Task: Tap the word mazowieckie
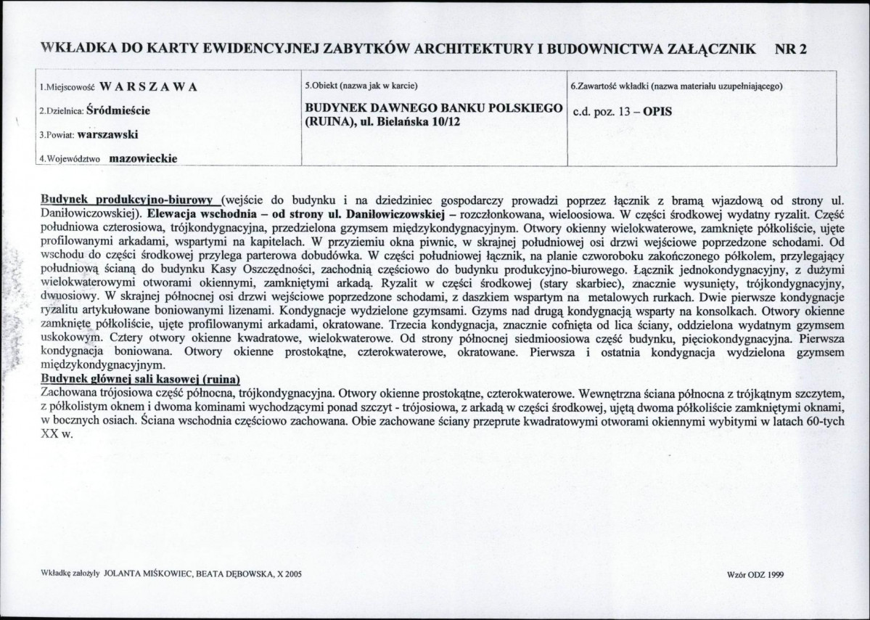(x=143, y=158)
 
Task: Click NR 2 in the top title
(x=791, y=49)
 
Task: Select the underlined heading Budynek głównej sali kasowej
(x=139, y=380)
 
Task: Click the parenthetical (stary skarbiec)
(x=549, y=280)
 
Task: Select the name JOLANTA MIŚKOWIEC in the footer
(x=149, y=573)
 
